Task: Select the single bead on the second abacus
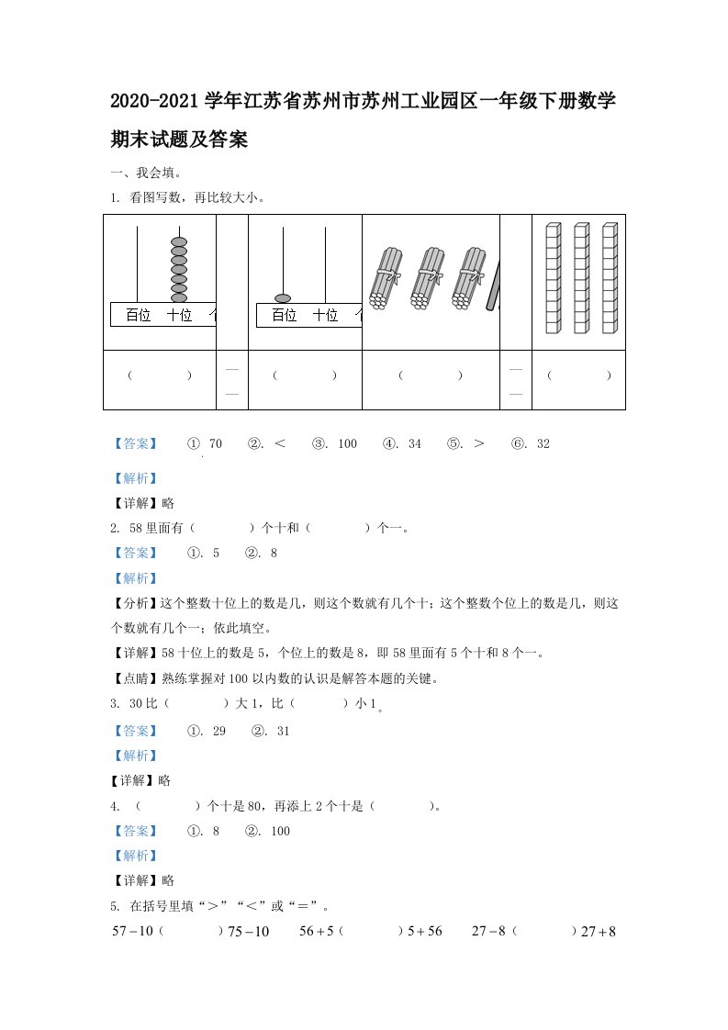click(283, 298)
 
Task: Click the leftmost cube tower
click(552, 277)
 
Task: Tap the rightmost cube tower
click(610, 277)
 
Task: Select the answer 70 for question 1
click(216, 444)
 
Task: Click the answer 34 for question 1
click(414, 444)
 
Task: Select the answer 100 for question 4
click(280, 831)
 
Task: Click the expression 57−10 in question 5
click(131, 931)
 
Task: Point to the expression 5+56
click(425, 931)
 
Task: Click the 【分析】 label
click(134, 604)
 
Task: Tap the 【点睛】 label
click(134, 679)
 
